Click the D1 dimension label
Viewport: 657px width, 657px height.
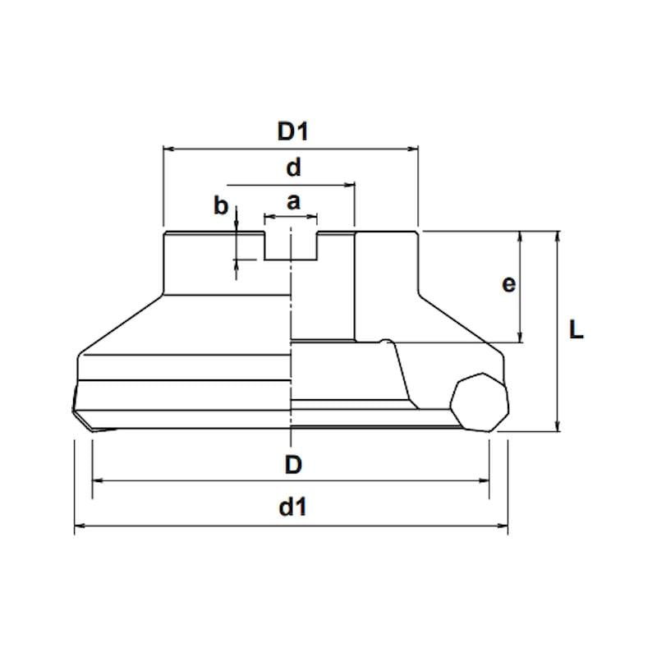click(x=293, y=131)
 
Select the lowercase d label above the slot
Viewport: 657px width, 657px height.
click(x=293, y=168)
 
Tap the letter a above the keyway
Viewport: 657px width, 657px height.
click(x=293, y=202)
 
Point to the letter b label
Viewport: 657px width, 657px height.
click(x=221, y=206)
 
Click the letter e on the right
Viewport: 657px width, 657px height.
click(x=508, y=284)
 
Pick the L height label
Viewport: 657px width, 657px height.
click(x=577, y=329)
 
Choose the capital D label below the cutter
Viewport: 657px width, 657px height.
click(x=293, y=465)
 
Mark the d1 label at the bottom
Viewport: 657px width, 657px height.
click(x=293, y=507)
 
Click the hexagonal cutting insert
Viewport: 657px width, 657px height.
click(x=480, y=402)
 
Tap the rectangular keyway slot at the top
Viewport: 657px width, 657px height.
click(x=291, y=246)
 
